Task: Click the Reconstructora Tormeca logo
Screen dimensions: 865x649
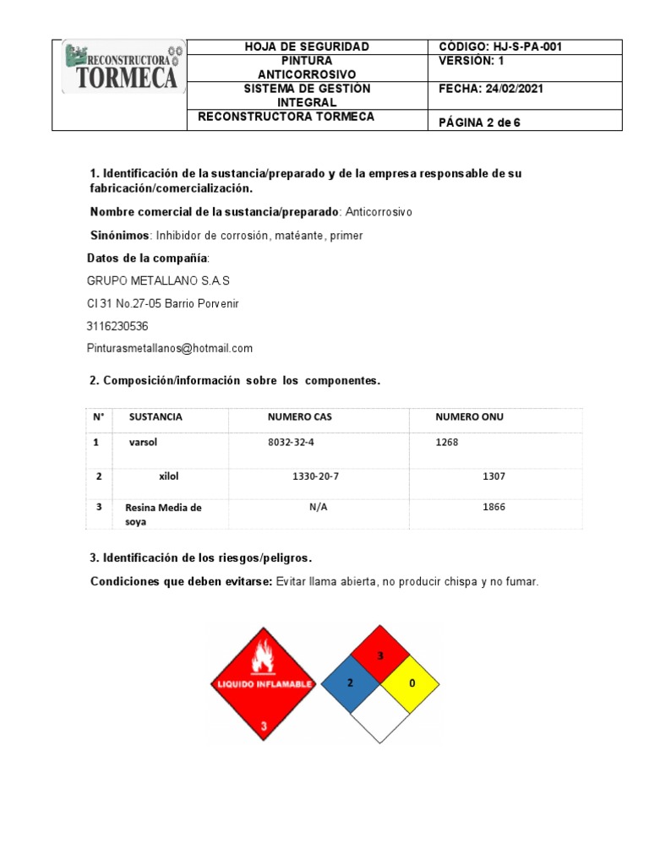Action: coord(120,68)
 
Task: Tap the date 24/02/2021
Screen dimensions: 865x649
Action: coord(513,89)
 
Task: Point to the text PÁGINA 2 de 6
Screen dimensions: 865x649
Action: coord(479,122)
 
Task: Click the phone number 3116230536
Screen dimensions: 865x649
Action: coord(117,326)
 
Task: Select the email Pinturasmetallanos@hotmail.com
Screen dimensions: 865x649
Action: coord(170,348)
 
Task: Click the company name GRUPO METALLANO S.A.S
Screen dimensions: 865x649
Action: coord(158,280)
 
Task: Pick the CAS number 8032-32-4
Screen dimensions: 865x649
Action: coord(296,442)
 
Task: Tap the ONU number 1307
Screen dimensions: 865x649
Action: coord(494,476)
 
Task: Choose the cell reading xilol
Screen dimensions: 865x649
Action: coord(169,476)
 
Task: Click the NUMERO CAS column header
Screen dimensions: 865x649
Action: coord(300,417)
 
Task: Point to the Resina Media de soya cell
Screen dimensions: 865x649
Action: coord(163,514)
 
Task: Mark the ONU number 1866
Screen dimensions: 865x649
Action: coord(494,507)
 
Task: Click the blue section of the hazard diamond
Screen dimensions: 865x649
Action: coord(350,683)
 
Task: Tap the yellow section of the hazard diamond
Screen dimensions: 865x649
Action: coord(412,683)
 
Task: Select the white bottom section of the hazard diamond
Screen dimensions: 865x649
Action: coord(380,715)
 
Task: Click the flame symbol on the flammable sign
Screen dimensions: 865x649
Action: coord(263,655)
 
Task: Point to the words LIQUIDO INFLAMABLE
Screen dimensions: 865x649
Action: coord(264,683)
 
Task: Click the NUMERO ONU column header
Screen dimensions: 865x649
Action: coord(469,417)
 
